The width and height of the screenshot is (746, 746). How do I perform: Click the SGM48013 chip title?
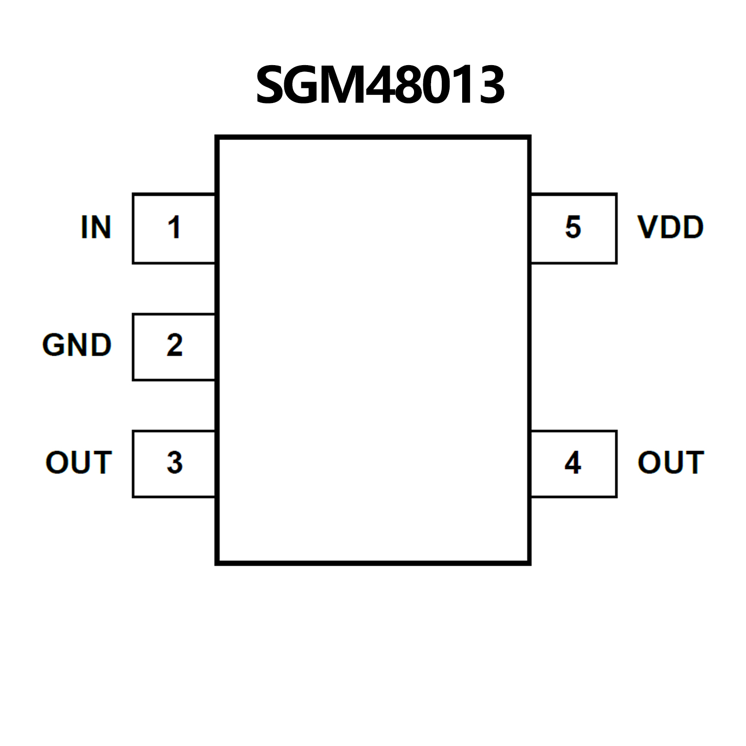click(380, 86)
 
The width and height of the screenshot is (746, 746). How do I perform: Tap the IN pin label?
click(96, 227)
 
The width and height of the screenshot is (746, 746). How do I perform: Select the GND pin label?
click(77, 345)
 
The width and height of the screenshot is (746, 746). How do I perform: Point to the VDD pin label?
click(670, 227)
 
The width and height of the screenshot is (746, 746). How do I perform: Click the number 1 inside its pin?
click(174, 227)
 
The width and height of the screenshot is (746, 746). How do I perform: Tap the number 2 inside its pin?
click(174, 345)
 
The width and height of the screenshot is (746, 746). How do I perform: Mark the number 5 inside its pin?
click(573, 227)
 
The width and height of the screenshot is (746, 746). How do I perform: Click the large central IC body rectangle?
click(373, 350)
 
